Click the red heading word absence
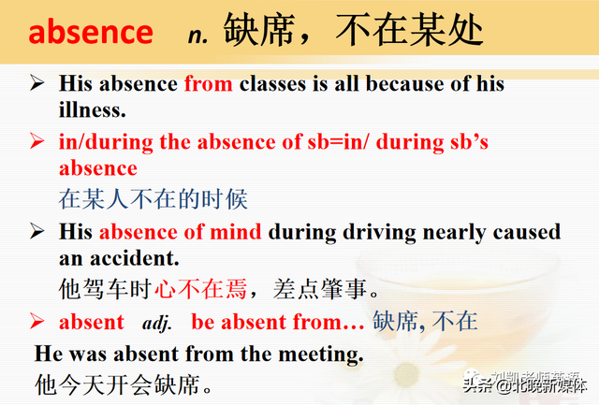(x=91, y=33)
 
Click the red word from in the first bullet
(x=208, y=83)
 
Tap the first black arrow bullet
(x=37, y=83)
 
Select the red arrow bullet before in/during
(x=37, y=142)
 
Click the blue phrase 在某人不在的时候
(x=153, y=198)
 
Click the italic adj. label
(x=157, y=323)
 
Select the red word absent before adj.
(x=91, y=322)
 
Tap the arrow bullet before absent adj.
(x=37, y=322)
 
